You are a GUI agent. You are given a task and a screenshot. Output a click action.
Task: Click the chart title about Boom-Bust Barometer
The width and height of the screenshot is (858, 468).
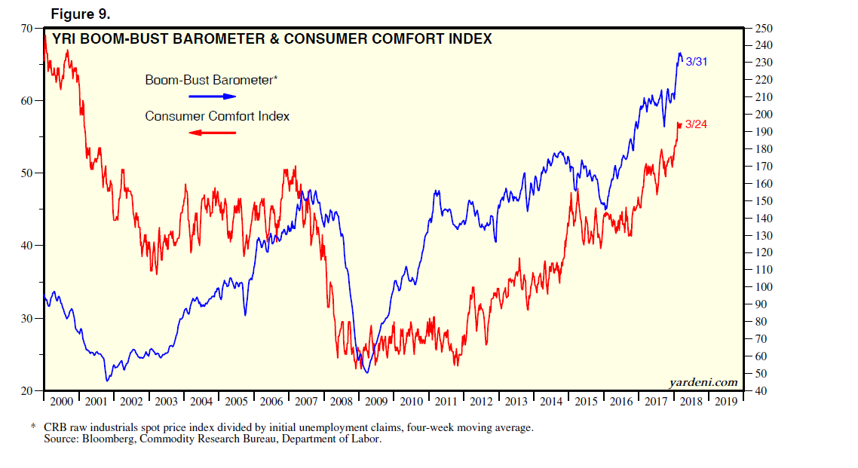pyautogui.click(x=271, y=38)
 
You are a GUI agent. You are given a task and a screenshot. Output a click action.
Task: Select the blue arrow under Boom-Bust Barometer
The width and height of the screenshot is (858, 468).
pyautogui.click(x=212, y=96)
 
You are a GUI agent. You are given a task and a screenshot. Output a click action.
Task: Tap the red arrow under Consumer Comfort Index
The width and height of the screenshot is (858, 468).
pyautogui.click(x=212, y=133)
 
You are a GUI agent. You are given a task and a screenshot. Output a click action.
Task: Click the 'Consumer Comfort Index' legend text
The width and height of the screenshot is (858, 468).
pyautogui.click(x=217, y=116)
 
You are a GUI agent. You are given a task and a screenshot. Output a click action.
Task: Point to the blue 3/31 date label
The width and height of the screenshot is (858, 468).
pyautogui.click(x=695, y=61)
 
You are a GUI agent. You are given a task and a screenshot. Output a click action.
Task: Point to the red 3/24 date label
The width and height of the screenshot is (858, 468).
pyautogui.click(x=695, y=124)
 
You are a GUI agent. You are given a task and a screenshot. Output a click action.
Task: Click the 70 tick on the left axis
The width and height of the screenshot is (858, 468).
pyautogui.click(x=28, y=29)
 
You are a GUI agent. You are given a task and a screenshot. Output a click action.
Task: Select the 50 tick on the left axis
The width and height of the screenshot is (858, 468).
pyautogui.click(x=28, y=173)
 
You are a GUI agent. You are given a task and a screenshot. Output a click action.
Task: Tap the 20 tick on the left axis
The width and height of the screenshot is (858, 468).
pyautogui.click(x=28, y=391)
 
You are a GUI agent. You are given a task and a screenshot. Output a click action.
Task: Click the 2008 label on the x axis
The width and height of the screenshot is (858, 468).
pyautogui.click(x=341, y=402)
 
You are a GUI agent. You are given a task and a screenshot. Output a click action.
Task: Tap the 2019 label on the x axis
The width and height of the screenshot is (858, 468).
pyautogui.click(x=725, y=402)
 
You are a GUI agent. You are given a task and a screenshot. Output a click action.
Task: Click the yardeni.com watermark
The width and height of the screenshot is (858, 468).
pyautogui.click(x=703, y=383)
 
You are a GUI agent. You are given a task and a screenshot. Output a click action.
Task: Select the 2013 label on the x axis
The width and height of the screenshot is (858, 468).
pyautogui.click(x=516, y=402)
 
